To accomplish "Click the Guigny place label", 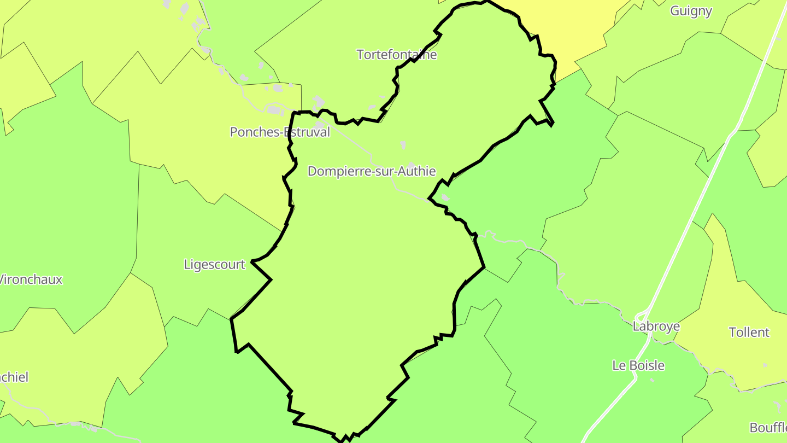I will [x=691, y=11].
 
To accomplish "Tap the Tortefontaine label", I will [x=397, y=55].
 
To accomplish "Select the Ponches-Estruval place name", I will [x=280, y=132].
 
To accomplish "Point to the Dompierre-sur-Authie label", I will [x=372, y=171].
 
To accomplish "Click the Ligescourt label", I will [x=215, y=265].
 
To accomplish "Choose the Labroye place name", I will [x=656, y=327].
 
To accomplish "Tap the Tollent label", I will [x=749, y=332].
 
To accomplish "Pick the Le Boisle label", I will [x=638, y=365].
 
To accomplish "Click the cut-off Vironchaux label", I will [x=31, y=279].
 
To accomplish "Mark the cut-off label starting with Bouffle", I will [x=768, y=427].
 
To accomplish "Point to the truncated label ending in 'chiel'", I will [x=14, y=377].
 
